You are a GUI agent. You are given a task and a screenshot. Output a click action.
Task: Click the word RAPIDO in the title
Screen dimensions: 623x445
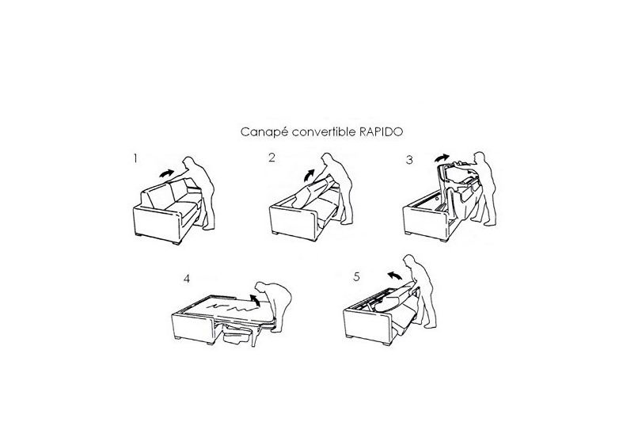point(381,132)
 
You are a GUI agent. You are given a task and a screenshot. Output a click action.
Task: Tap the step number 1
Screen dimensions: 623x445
point(136,159)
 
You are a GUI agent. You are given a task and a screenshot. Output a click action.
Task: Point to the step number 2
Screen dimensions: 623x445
point(272,158)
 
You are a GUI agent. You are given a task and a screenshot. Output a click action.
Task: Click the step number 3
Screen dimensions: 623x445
point(409,160)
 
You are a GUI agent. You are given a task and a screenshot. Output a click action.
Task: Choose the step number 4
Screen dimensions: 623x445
point(186,279)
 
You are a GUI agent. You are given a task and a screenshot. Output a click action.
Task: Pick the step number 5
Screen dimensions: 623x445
point(356,276)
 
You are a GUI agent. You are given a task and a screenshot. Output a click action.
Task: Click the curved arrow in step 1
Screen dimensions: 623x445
point(167,173)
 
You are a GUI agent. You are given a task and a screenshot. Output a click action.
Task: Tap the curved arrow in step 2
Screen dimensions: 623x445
point(308,175)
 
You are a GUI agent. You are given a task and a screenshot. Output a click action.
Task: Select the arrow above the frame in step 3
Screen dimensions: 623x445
point(442,158)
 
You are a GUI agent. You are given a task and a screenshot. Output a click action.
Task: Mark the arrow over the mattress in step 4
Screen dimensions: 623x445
point(255,300)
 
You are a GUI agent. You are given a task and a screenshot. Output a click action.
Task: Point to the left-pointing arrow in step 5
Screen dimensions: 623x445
point(393,275)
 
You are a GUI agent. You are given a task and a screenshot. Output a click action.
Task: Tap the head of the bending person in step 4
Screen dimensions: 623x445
point(261,287)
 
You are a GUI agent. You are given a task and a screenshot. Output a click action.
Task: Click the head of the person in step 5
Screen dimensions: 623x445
point(409,261)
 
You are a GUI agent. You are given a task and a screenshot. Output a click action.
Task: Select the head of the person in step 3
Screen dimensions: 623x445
point(480,158)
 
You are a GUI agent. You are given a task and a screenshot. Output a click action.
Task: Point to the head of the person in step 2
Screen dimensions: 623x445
point(327,159)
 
